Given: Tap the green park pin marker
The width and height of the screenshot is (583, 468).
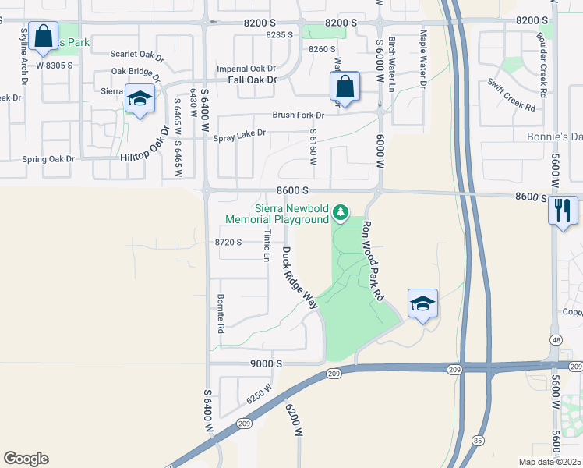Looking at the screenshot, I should point(340,211).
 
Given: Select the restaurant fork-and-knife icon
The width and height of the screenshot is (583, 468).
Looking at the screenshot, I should point(562,210).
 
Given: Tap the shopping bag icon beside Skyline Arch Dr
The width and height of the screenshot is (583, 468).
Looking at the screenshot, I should point(44,37).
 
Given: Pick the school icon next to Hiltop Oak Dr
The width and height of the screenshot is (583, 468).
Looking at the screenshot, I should point(140,99).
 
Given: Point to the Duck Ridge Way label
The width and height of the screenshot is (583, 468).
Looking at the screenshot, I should point(300,278).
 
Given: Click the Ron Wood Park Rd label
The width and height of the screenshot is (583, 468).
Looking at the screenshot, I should point(373,260).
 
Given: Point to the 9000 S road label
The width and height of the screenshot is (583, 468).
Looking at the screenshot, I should point(266,363).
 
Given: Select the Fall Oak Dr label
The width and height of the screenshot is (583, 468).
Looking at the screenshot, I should point(253,80).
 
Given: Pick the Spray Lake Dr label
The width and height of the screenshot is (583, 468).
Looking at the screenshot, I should point(239,133).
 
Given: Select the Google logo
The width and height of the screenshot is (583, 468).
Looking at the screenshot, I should point(26,459).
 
